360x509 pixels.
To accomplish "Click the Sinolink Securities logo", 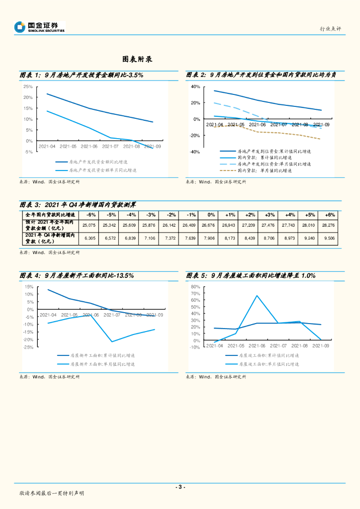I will click(40, 27).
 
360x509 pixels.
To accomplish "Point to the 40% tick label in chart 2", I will click(195, 86).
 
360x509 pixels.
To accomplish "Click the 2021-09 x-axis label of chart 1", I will click(152, 147).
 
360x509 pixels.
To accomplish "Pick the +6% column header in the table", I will click(330, 215).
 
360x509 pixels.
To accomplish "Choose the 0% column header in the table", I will click(212, 215).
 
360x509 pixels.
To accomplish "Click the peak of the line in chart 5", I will click(257, 296).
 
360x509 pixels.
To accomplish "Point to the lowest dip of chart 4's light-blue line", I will click(112, 341).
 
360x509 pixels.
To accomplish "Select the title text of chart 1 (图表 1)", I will click(82, 75).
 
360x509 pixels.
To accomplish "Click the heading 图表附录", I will click(137, 59).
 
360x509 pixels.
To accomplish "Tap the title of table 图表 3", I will click(78, 204).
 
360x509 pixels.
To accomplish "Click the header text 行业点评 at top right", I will click(330, 29).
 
